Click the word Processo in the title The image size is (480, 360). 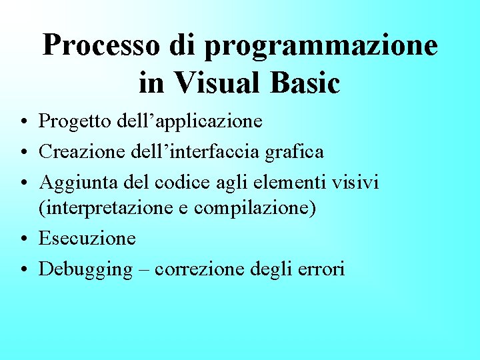(x=101, y=46)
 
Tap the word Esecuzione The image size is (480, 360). (x=87, y=238)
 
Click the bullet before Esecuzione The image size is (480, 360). (x=23, y=239)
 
